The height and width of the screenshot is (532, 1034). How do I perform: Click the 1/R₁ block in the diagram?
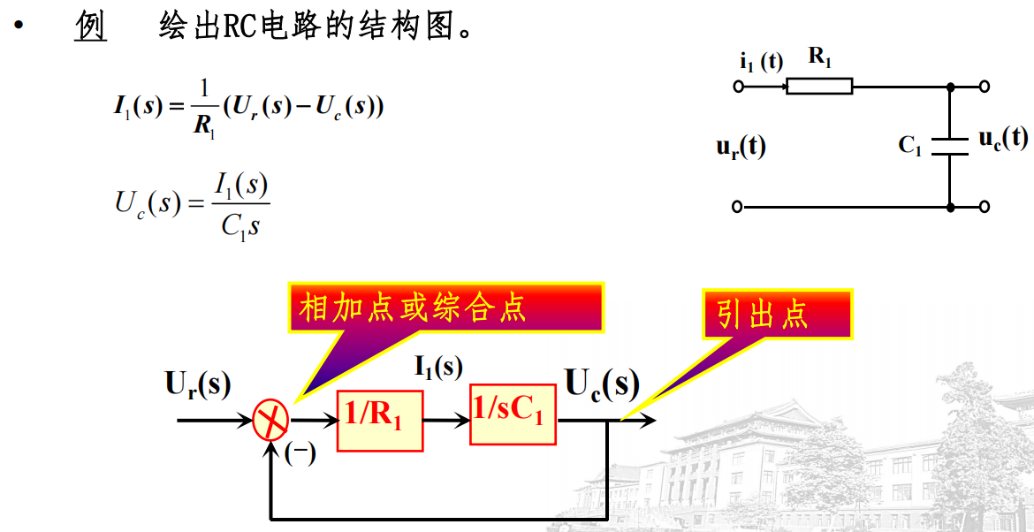coord(379,419)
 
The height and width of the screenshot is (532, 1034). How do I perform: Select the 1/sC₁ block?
coord(513,414)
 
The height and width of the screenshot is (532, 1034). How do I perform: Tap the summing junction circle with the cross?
coord(270,420)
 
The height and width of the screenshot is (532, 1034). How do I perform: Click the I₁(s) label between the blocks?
coord(438,368)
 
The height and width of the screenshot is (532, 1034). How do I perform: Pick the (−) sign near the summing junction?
coord(300,453)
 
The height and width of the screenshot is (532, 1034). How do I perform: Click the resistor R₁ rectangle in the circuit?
coord(819,87)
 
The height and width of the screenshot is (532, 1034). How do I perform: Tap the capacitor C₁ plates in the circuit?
coord(949,145)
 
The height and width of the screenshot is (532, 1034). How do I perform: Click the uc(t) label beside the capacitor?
coord(1002,139)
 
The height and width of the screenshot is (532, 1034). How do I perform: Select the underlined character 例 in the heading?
coord(89,27)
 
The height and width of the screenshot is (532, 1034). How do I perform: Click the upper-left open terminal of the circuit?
coord(739,87)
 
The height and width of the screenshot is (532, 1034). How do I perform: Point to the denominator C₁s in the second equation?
coord(240,226)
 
